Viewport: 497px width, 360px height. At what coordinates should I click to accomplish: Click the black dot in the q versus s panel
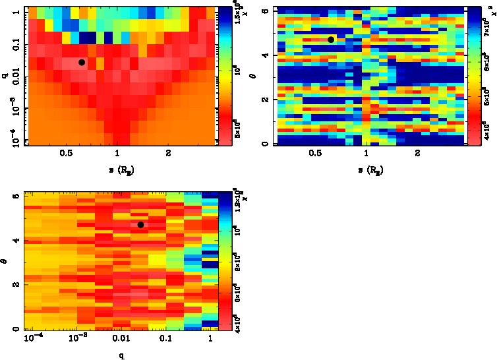click(82, 62)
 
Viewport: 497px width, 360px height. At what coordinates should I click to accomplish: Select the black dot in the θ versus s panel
click(331, 40)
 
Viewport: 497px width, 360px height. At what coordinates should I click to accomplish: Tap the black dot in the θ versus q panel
click(141, 225)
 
